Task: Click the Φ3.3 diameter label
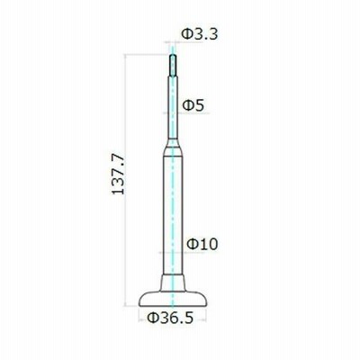pyautogui.click(x=200, y=34)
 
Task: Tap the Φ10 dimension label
pyautogui.click(x=202, y=244)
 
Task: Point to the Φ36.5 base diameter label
pyautogui.click(x=170, y=318)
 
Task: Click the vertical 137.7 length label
pyautogui.click(x=118, y=174)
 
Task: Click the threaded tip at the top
pyautogui.click(x=173, y=65)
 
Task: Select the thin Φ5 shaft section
pyautogui.click(x=173, y=107)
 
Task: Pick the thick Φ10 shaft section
pyautogui.click(x=173, y=215)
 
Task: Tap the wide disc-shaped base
pyautogui.click(x=173, y=299)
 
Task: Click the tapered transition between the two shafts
pyautogui.click(x=173, y=148)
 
